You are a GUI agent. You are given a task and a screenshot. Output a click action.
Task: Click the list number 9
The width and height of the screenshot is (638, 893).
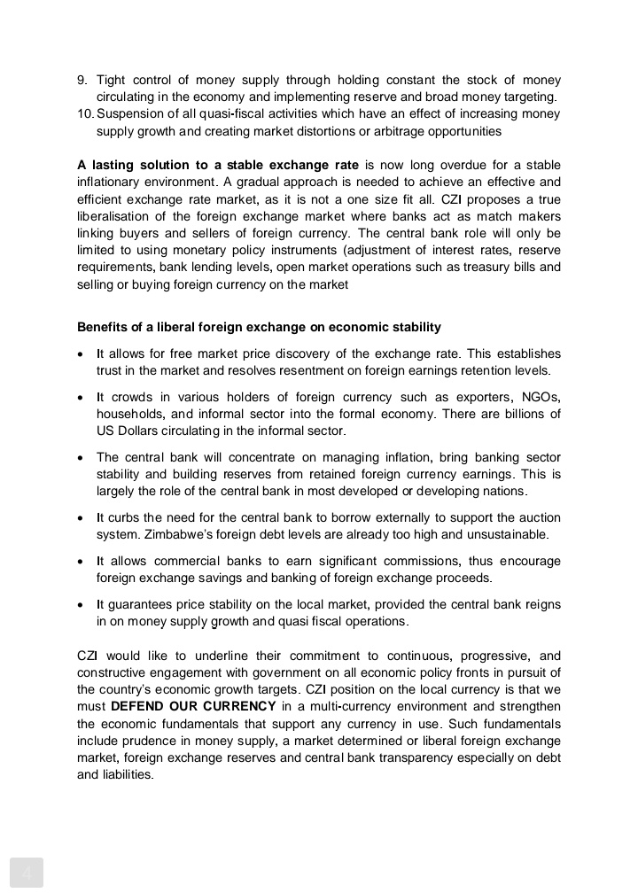[82, 81]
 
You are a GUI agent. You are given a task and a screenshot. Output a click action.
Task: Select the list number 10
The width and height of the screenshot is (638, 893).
[85, 114]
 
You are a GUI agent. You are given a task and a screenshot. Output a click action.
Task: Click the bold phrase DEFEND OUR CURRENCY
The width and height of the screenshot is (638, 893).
[193, 706]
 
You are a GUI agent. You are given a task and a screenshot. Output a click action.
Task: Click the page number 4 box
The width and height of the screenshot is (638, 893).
[27, 874]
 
